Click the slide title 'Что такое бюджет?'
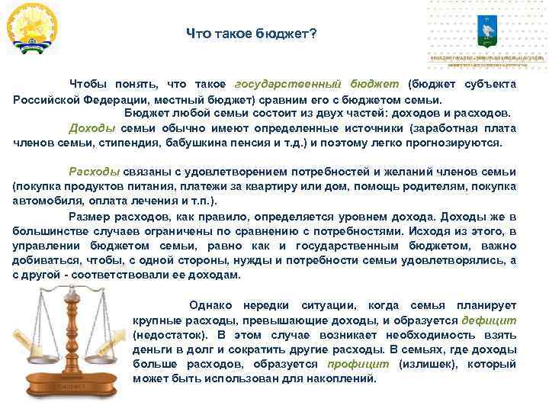coord(252,34)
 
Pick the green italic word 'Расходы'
coord(92,172)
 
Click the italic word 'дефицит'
coord(489,320)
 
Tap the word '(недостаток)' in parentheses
coord(167,334)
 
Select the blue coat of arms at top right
coord(486,30)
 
